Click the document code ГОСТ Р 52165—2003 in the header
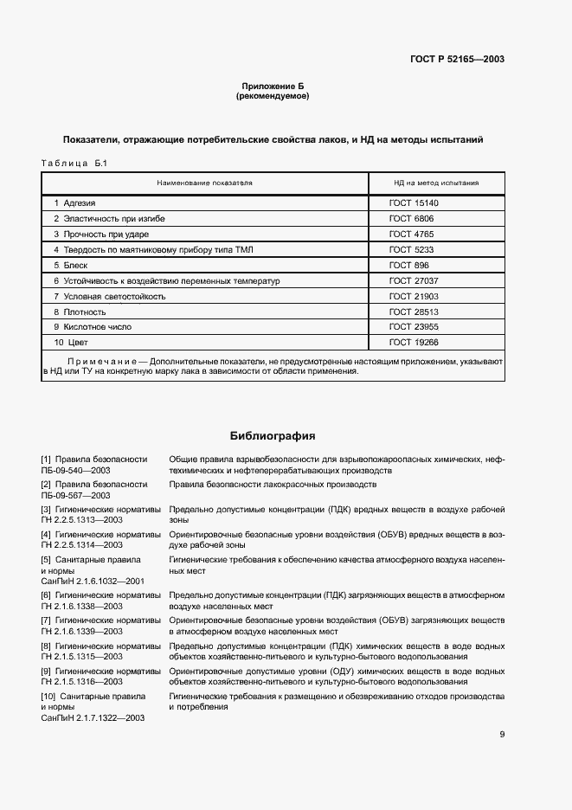458,60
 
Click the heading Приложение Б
273,87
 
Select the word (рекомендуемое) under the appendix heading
273,96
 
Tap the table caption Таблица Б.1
73,163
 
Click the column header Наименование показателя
204,183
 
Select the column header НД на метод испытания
436,183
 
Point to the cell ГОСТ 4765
411,235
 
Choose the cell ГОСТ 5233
411,250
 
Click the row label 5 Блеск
71,266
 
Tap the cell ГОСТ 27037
414,281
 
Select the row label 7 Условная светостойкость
109,297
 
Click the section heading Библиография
273,435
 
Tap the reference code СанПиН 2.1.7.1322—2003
93,718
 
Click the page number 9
502,735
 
